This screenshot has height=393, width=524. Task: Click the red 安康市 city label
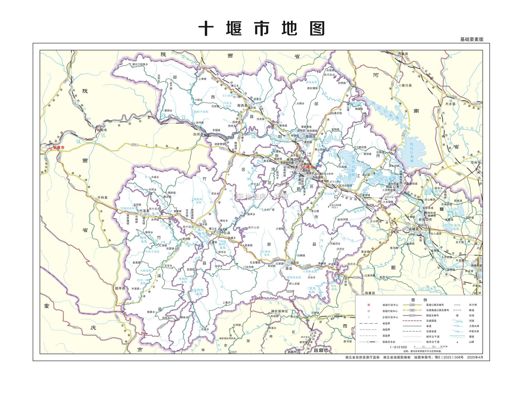(x=58, y=148)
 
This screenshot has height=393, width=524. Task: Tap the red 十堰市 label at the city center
(x=308, y=167)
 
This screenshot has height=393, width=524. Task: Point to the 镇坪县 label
(x=120, y=288)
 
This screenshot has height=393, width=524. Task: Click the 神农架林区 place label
(x=279, y=311)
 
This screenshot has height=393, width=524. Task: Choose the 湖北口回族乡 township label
(x=140, y=64)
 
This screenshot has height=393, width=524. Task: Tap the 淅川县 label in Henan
(x=406, y=85)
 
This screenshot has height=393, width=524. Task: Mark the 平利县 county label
(x=102, y=197)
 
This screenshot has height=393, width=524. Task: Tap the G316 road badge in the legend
(x=412, y=315)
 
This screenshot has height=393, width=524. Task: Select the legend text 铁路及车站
(x=389, y=342)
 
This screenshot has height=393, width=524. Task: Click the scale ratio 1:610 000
(x=399, y=347)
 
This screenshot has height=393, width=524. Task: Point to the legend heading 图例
(x=419, y=300)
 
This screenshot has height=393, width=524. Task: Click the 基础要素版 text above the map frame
(x=472, y=39)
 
